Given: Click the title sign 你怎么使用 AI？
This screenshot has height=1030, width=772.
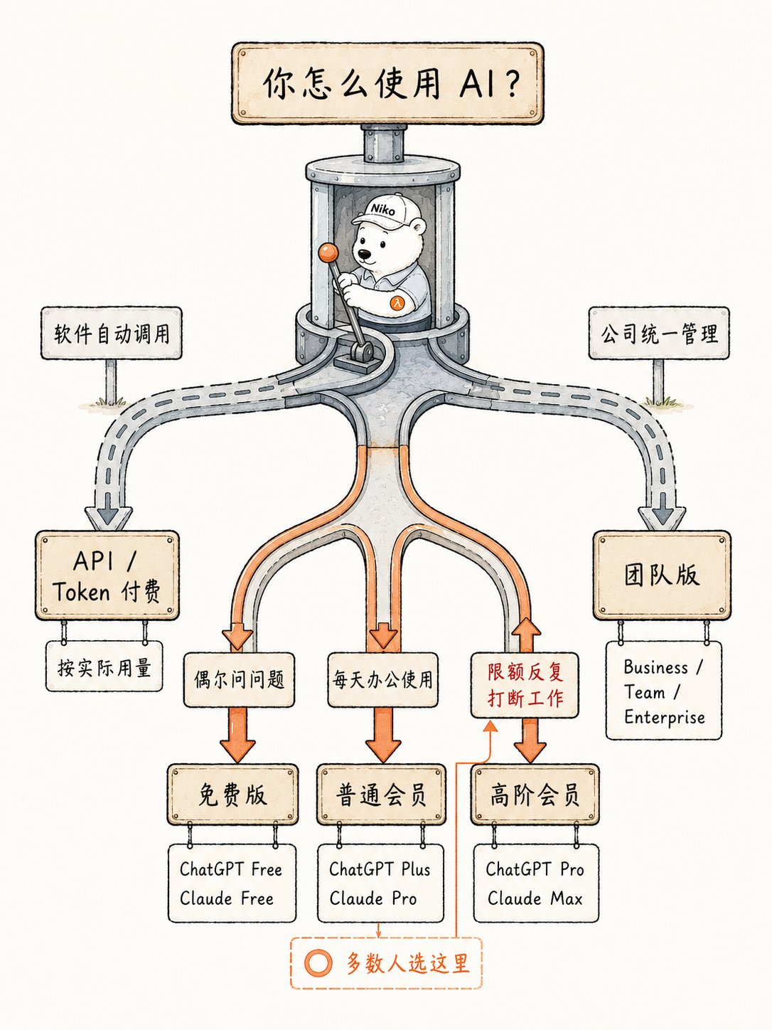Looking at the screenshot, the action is click(x=387, y=83).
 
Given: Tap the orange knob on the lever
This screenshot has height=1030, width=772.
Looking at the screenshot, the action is click(x=328, y=252).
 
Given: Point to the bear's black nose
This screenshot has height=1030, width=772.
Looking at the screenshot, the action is click(x=364, y=254).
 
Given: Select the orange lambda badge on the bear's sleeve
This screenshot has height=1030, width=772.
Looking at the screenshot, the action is click(x=397, y=302).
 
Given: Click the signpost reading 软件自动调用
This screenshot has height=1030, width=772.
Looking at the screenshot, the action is click(x=112, y=334).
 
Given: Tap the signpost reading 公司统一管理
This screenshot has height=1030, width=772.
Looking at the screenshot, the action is click(x=658, y=334).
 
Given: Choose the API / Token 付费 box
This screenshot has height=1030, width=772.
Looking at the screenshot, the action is click(x=107, y=575).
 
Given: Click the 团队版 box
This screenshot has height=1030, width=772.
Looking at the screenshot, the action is click(x=662, y=575).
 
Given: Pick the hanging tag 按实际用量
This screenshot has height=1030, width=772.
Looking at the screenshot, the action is click(x=104, y=667).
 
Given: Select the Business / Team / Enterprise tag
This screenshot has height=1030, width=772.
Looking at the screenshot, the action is click(x=664, y=691).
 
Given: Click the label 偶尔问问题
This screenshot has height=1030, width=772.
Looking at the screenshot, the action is click(x=239, y=679).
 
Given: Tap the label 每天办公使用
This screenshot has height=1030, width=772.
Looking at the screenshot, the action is click(x=382, y=679).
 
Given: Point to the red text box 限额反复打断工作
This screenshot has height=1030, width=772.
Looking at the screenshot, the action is click(x=525, y=685).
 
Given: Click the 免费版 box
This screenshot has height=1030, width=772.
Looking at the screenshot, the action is click(x=232, y=795).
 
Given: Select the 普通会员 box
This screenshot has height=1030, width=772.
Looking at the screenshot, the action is click(x=381, y=795).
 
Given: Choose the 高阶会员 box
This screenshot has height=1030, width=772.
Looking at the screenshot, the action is click(x=535, y=795).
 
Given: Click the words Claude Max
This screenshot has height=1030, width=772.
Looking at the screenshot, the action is click(x=535, y=898).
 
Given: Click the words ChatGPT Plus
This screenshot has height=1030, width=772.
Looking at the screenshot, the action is click(x=380, y=869).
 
